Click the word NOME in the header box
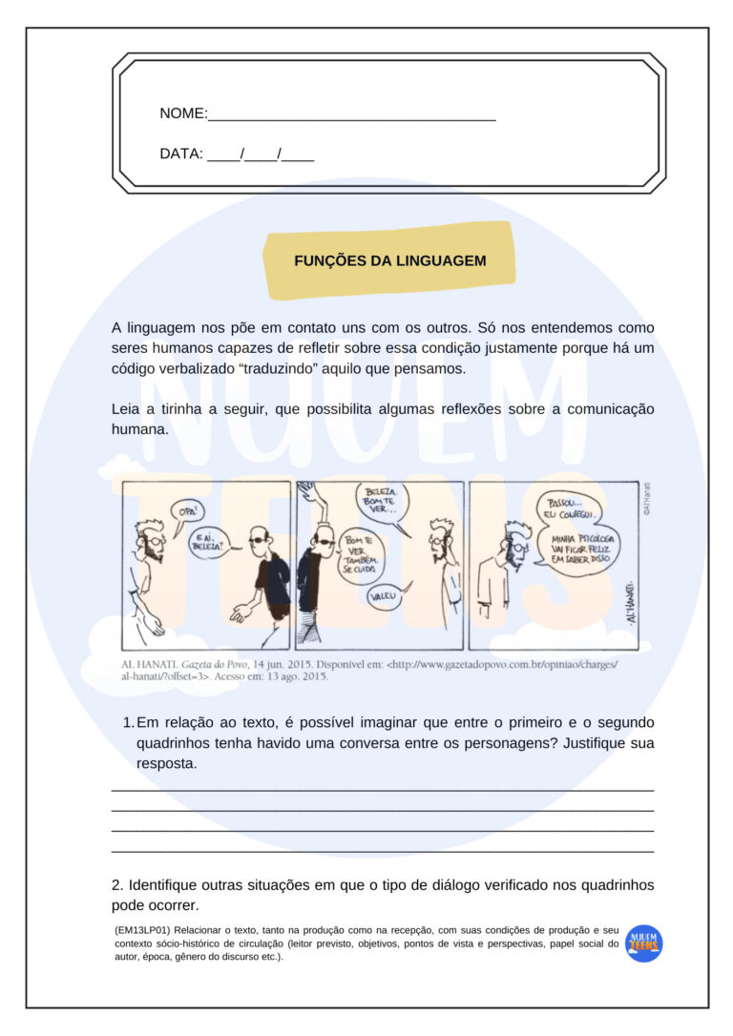[x=183, y=114]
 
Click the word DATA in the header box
[x=181, y=154]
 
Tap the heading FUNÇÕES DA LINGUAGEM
[x=389, y=260]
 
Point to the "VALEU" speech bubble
[x=385, y=596]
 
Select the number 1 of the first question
[x=127, y=723]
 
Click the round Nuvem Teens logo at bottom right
[x=644, y=943]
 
